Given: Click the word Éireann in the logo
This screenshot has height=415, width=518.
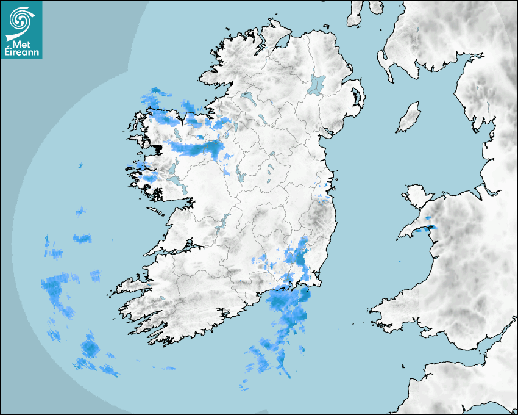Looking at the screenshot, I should click(x=23, y=52).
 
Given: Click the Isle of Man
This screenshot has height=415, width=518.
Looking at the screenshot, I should click(x=409, y=118).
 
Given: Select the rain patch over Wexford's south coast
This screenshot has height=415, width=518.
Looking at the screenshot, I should click(x=286, y=299).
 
